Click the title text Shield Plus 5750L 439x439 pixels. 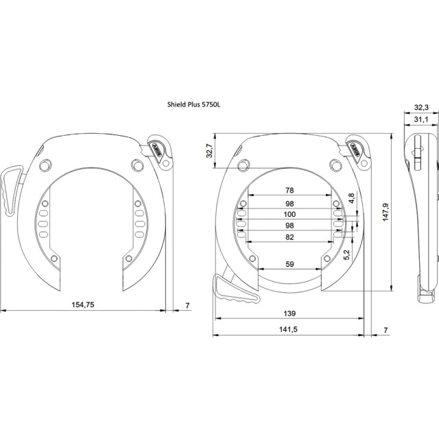(193, 105)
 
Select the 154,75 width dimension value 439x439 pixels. (83, 305)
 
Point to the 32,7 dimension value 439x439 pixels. (210, 150)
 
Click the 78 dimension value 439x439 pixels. (289, 191)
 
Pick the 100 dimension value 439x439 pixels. (289, 215)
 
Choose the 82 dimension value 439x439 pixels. (289, 237)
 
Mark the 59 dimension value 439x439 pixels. (289, 264)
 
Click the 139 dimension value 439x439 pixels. (289, 313)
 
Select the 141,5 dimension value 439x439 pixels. (288, 329)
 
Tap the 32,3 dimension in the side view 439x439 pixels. (421, 107)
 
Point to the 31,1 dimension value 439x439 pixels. (421, 119)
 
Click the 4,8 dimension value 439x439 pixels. (351, 198)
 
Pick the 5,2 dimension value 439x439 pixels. (346, 254)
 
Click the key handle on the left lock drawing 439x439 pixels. (11, 190)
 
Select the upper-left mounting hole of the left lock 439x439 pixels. (46, 165)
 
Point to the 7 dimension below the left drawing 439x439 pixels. (187, 305)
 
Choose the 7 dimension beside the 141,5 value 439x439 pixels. (385, 330)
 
